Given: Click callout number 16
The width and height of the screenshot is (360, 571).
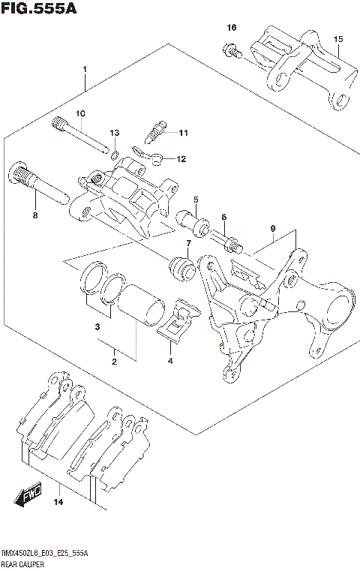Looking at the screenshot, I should [232, 28].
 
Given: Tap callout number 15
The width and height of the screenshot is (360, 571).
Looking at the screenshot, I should [337, 38].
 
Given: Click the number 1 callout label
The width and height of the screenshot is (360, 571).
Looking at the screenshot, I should [85, 70].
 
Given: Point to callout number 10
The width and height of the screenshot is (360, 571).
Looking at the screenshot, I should [79, 113].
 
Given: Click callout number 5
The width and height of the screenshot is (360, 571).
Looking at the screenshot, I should [195, 200].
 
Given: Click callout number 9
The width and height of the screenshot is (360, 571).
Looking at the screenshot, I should [274, 228].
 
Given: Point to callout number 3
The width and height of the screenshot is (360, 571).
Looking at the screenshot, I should [97, 327].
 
